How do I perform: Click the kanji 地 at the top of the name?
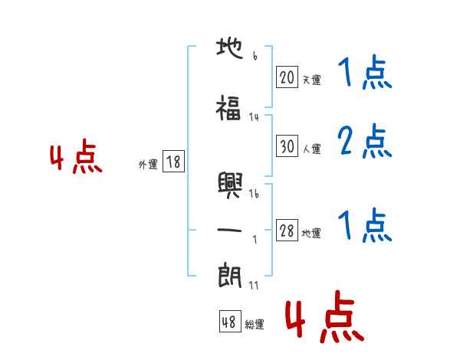pyautogui.click(x=230, y=49)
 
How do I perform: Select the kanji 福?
pyautogui.click(x=228, y=108)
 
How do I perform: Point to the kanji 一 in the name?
pyautogui.click(x=229, y=230)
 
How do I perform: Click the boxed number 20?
pyautogui.click(x=287, y=77)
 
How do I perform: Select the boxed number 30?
pyautogui.click(x=287, y=146)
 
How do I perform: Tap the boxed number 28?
pyautogui.click(x=287, y=230)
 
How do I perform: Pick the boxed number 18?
pyautogui.click(x=173, y=162)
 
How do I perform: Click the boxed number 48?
pyautogui.click(x=230, y=321)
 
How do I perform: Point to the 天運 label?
pyautogui.click(x=311, y=80)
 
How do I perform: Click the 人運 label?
pyautogui.click(x=311, y=149)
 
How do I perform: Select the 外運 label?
pyautogui.click(x=148, y=165)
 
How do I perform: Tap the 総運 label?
pyautogui.click(x=255, y=324)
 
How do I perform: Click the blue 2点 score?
pyautogui.click(x=365, y=141)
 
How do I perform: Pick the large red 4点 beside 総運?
pyautogui.click(x=325, y=316)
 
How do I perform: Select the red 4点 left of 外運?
pyautogui.click(x=76, y=156)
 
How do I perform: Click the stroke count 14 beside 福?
pyautogui.click(x=254, y=117)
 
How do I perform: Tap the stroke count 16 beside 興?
pyautogui.click(x=254, y=194)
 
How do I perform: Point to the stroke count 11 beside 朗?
pyautogui.click(x=254, y=285)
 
